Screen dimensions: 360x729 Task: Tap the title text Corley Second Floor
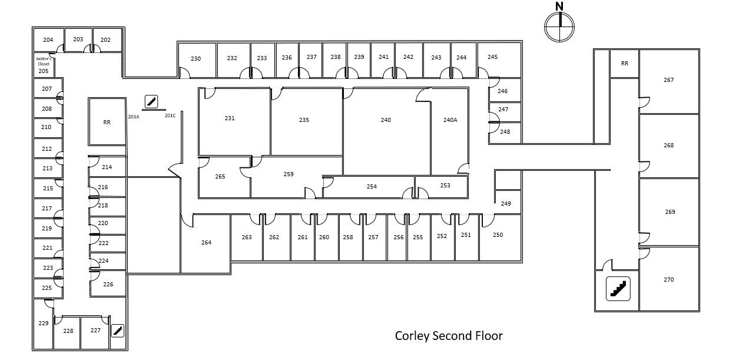tap(449, 336)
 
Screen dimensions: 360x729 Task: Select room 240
tap(386, 120)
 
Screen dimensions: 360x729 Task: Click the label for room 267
tap(668, 80)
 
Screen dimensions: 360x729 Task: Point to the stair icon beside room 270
tap(618, 289)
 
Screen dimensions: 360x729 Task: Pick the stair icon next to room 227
tap(118, 331)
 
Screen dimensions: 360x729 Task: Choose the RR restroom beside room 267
tap(625, 64)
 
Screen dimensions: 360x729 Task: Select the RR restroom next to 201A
tap(107, 123)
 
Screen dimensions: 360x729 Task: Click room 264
tap(206, 243)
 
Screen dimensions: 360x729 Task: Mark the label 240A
tap(450, 120)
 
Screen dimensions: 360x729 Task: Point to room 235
tap(304, 120)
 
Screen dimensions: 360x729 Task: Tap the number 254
tap(372, 187)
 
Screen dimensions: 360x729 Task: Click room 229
tap(43, 323)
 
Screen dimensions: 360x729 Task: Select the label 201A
tap(134, 117)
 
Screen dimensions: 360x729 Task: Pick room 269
tap(670, 212)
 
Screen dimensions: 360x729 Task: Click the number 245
tap(492, 57)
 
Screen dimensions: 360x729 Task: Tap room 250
tap(498, 235)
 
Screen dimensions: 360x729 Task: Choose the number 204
tap(48, 40)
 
